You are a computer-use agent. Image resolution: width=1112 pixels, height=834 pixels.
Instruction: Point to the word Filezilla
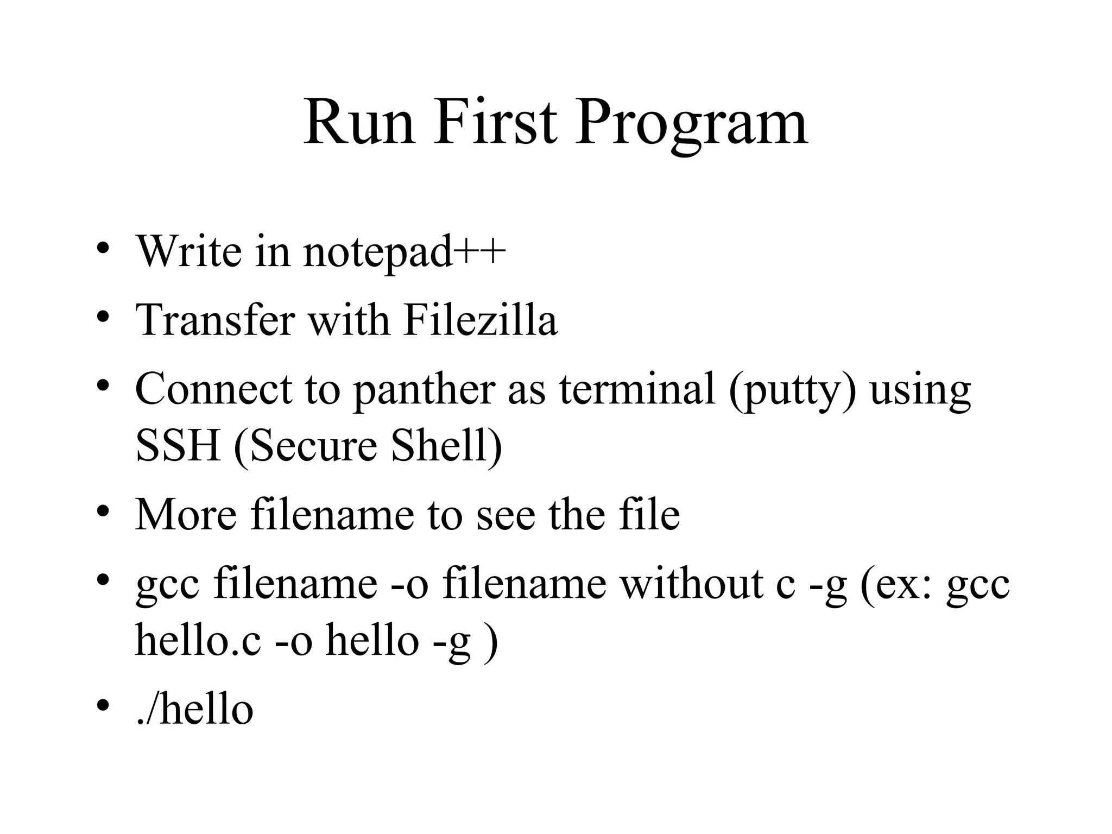pos(481,320)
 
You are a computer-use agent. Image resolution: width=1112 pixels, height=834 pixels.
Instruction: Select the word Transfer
pos(215,320)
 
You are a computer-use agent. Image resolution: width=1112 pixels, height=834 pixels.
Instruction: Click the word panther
pos(424,390)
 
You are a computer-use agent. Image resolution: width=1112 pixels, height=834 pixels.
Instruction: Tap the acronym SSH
pos(178,445)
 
